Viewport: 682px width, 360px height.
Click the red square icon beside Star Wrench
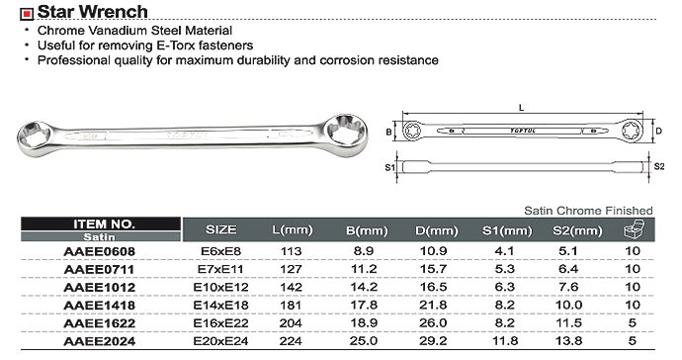(x=27, y=15)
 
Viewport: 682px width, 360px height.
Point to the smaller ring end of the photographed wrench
(x=37, y=138)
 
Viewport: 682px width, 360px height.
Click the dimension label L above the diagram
(x=522, y=108)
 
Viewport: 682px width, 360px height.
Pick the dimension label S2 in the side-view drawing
(x=659, y=166)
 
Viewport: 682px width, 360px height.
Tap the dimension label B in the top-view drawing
(x=388, y=132)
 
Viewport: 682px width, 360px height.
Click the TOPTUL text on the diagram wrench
(x=523, y=131)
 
